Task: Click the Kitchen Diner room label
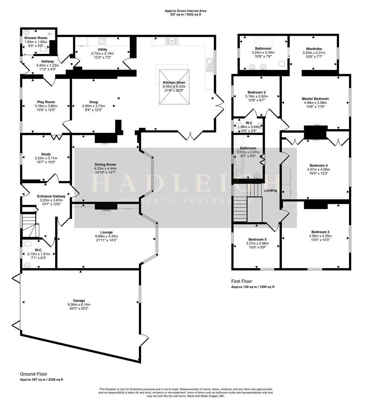coord(174,82)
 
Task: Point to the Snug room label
coord(93,102)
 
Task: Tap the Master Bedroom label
coord(315,99)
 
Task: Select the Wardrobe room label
coord(313,49)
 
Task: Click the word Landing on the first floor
coord(270,191)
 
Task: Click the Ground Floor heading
coord(33,374)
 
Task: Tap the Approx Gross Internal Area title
coord(185,11)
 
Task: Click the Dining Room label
coord(105,165)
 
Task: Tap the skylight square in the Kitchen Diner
coord(174,87)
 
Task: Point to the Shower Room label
coord(36,38)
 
